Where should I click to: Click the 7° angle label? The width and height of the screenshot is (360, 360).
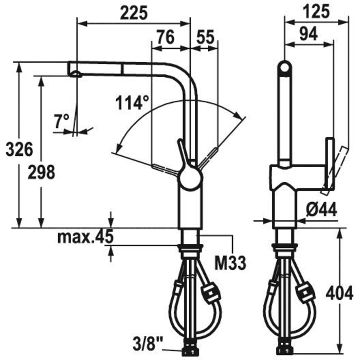tap(62, 121)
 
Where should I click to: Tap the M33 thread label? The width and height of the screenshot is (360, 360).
tap(229, 264)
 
